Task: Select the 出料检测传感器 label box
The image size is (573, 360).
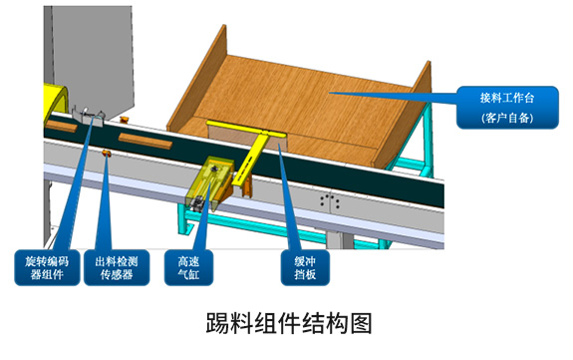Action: tap(116, 267)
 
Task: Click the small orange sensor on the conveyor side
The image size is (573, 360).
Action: tap(107, 153)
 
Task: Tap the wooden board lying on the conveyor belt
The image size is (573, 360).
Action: tap(140, 139)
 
